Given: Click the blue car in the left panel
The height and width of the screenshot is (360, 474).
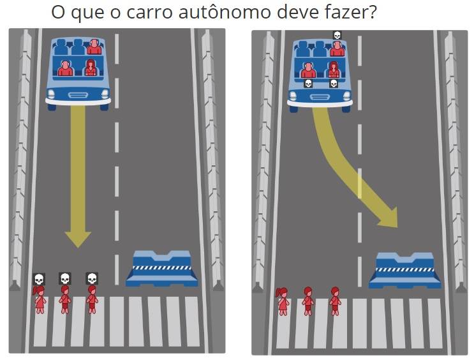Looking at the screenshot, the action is tap(78, 73).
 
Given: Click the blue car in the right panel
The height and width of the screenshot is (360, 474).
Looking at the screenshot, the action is tap(320, 75).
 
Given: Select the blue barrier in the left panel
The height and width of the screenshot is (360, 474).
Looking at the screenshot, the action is tap(162, 269).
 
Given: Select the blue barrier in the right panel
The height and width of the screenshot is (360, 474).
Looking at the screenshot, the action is tap(404, 271).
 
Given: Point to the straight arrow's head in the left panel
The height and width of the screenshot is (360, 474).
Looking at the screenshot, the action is tap(78, 239).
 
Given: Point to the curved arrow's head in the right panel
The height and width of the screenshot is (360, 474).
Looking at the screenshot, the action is tap(389, 218).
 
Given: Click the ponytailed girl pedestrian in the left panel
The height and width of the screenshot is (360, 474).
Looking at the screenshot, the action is tap(40, 300).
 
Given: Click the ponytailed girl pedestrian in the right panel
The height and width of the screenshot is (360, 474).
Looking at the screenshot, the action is tap(283, 302).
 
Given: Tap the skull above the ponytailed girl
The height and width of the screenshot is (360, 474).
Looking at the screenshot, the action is tap(39, 279).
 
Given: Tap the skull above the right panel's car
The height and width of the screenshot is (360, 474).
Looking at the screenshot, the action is tap(337, 35).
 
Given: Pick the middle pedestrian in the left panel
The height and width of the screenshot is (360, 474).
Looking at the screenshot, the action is tap(64, 299).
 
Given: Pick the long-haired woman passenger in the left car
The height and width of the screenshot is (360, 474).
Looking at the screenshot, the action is tap(91, 68).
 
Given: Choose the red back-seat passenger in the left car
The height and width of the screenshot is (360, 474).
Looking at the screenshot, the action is tap(94, 47).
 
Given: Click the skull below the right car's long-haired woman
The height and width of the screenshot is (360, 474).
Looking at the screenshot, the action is tap(334, 83).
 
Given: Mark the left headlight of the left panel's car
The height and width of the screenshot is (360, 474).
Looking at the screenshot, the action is tap(51, 94).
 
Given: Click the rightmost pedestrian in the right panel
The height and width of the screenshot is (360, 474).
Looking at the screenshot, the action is tap(335, 301).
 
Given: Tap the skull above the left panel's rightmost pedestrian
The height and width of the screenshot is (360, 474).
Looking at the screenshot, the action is tap(92, 279).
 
